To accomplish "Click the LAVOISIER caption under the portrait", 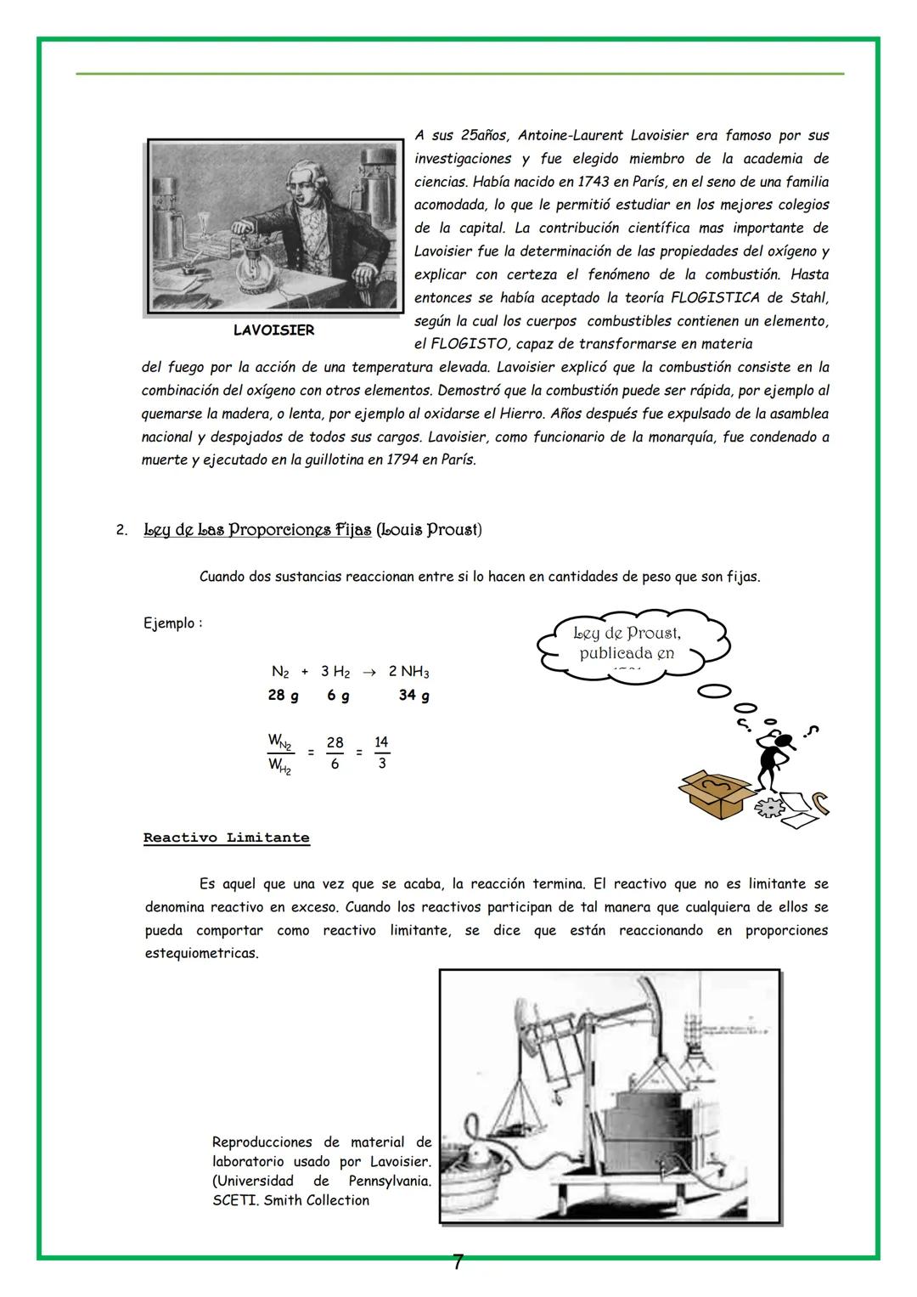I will click(273, 330).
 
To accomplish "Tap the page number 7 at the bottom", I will click(458, 1263).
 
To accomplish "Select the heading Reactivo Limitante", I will click(226, 838).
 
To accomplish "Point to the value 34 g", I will click(413, 696).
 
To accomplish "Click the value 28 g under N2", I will click(283, 696).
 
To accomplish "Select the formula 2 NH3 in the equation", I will click(408, 672).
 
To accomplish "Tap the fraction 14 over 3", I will click(381, 753).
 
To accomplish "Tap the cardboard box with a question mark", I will click(716, 793).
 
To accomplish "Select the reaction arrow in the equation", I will click(368, 672).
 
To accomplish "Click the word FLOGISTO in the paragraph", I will click(467, 345).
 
